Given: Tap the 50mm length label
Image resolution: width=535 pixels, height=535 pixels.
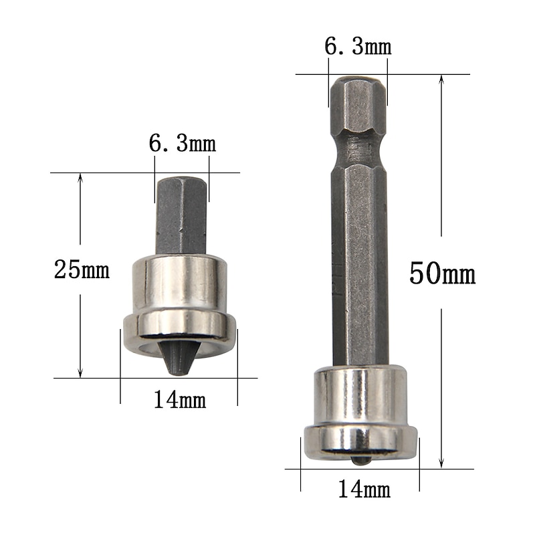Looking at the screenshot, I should [x=442, y=274].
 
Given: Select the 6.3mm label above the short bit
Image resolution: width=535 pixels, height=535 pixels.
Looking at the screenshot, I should [x=182, y=143].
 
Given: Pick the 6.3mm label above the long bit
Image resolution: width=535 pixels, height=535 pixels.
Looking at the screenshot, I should [x=358, y=47].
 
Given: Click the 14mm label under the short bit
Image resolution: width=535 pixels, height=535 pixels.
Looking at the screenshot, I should [x=179, y=400].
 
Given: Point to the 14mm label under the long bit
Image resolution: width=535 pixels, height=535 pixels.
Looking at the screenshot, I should [x=363, y=490].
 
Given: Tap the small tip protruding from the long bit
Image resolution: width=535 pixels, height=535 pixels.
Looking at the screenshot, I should [x=360, y=460].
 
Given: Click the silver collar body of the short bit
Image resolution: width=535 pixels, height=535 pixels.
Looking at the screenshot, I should [x=179, y=284].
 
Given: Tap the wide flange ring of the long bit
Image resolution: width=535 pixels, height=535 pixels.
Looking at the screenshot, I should [x=360, y=441].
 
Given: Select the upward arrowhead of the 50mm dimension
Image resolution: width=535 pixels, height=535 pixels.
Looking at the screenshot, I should [x=441, y=79].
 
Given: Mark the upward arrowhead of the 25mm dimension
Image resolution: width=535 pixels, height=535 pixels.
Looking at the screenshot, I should [x=80, y=178].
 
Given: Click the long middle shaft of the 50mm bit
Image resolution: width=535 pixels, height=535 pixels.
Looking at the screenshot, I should [x=360, y=267].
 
